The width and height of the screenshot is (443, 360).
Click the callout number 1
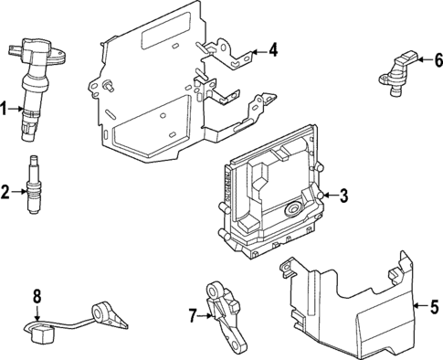5,110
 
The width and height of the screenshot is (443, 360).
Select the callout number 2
5,192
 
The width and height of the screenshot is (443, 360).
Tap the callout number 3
343,195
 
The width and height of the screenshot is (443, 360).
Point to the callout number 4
274,50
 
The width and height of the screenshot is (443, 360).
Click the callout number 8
37,295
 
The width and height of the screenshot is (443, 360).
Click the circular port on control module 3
295,210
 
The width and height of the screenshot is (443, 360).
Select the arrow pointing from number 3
328,195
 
